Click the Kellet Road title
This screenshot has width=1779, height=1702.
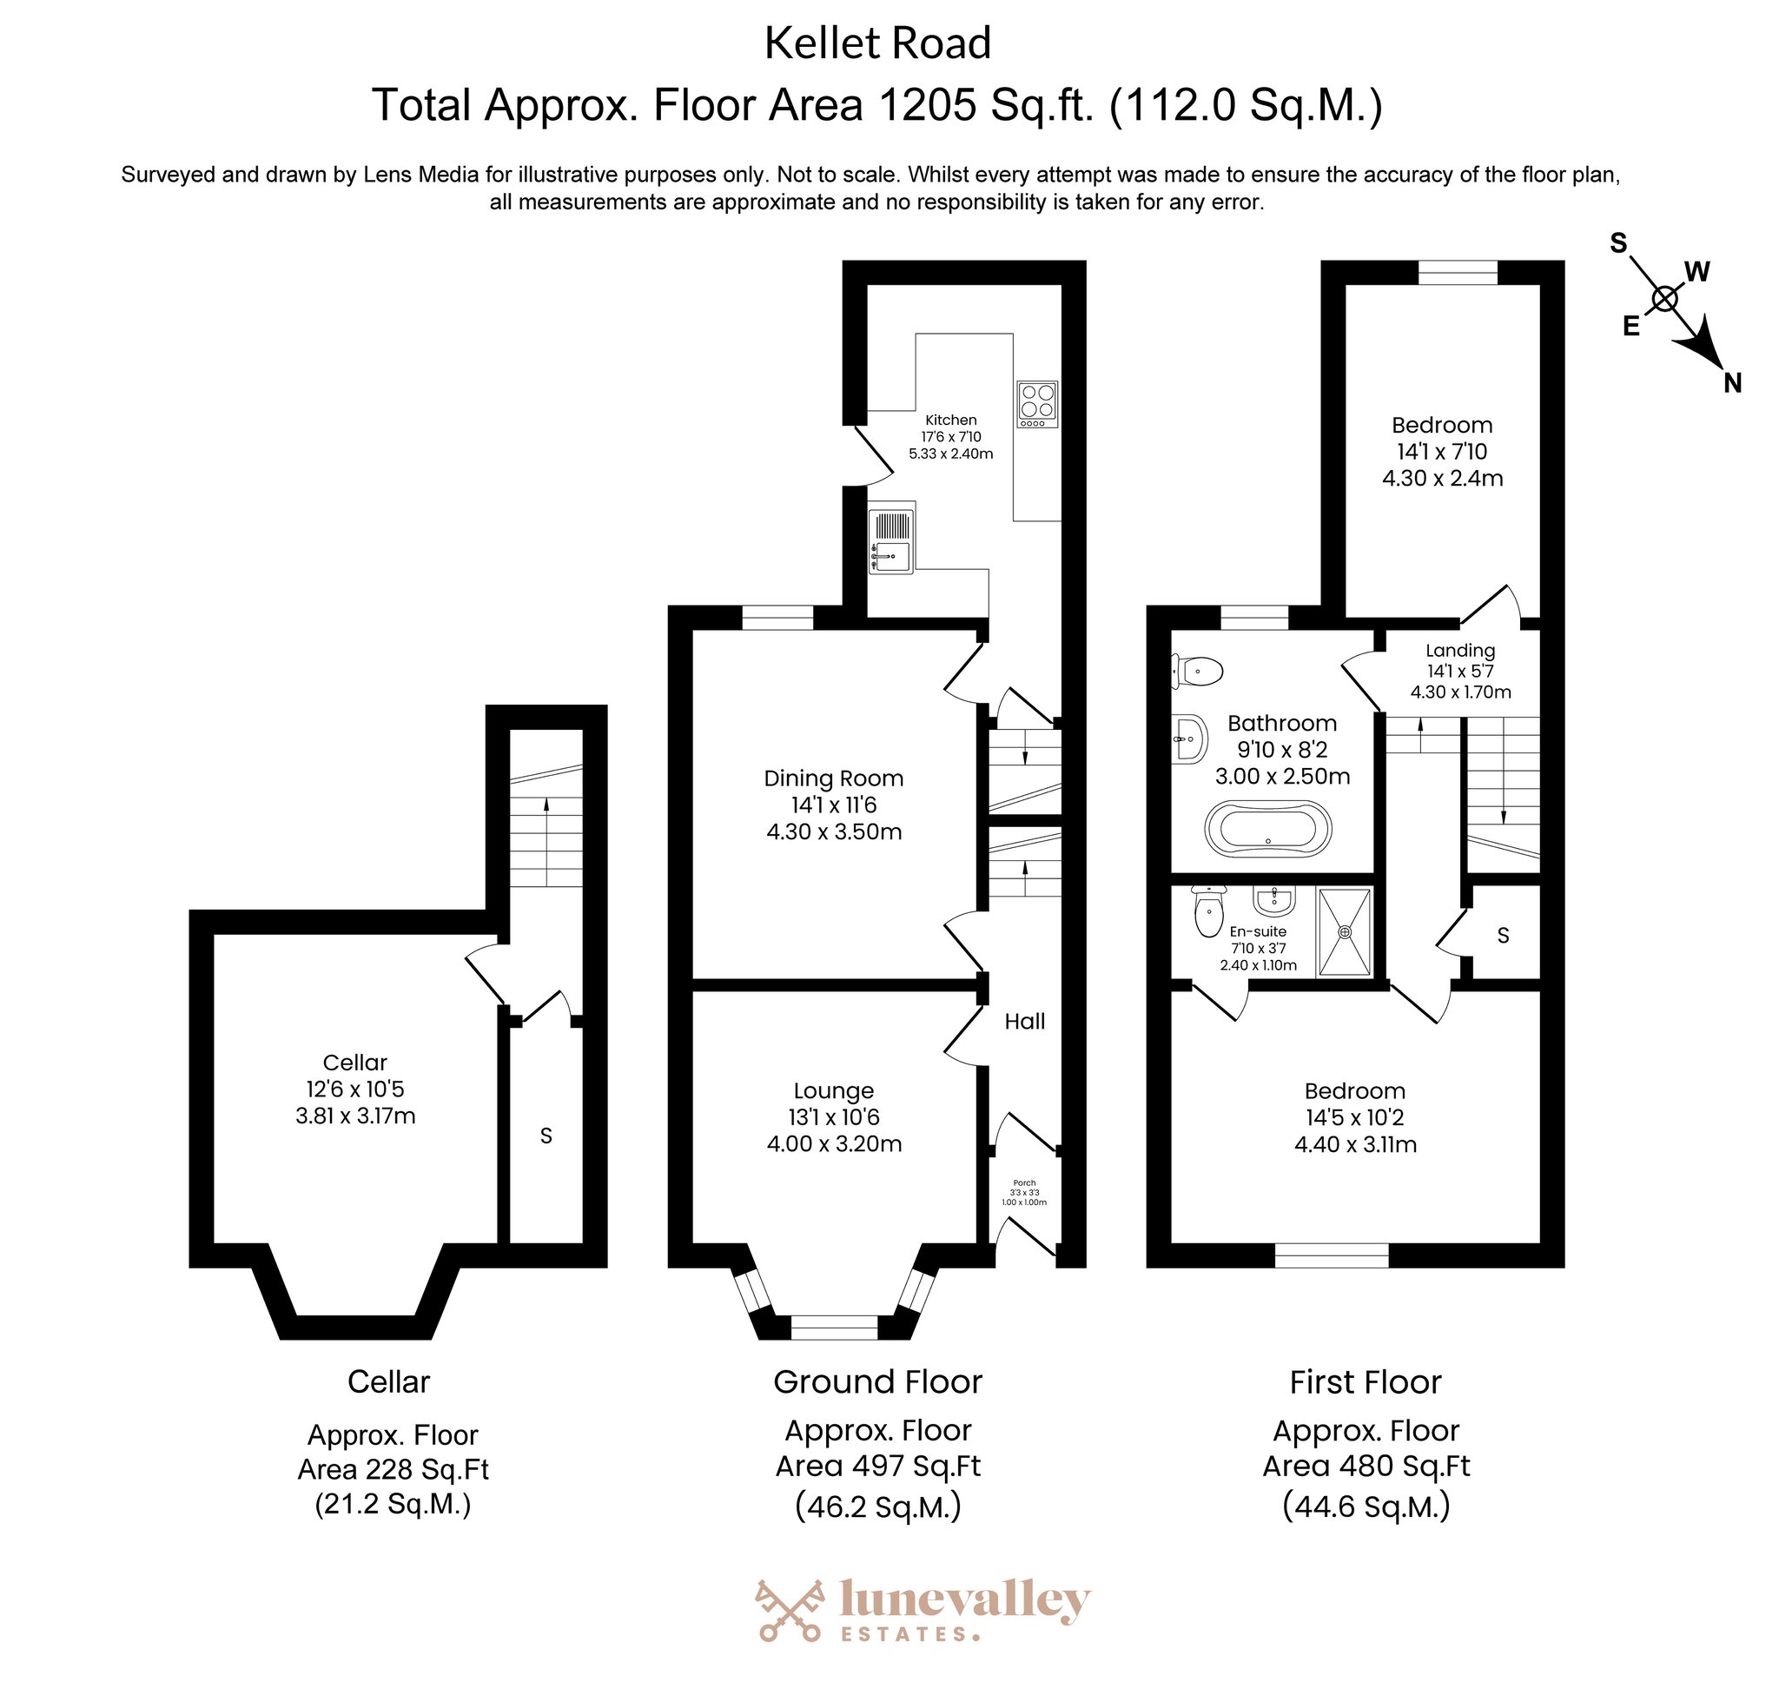click(x=877, y=43)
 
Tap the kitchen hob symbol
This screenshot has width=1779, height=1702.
click(x=1038, y=405)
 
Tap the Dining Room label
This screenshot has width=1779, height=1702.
click(x=834, y=778)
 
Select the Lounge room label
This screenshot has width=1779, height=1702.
click(x=834, y=1090)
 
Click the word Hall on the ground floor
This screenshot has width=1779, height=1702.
click(x=1025, y=1022)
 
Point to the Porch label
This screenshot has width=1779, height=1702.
click(x=1024, y=1183)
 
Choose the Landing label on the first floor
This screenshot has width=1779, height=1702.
click(x=1460, y=651)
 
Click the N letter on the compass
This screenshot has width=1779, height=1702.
click(x=1733, y=383)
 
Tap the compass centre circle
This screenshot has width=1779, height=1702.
click(x=1664, y=299)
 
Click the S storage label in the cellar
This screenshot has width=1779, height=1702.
click(x=546, y=1136)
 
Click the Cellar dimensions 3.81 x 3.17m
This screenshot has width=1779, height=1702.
click(x=355, y=1116)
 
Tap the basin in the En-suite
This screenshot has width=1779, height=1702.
click(x=1274, y=901)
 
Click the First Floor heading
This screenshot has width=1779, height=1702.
click(x=1366, y=1381)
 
